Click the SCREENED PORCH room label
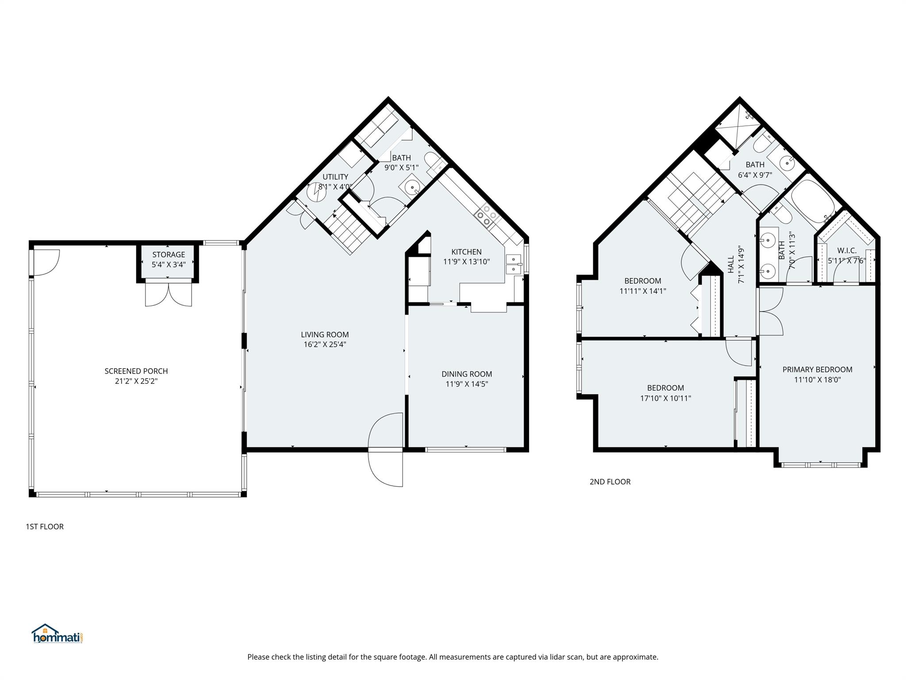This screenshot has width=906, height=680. [136, 371]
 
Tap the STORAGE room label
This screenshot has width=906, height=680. [169, 255]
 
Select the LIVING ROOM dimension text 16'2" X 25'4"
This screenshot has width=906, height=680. [325, 344]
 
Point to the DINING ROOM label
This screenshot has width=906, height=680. [467, 374]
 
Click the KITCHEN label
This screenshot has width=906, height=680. [466, 252]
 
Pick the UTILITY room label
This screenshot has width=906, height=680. [335, 177]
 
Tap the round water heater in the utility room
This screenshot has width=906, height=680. [317, 192]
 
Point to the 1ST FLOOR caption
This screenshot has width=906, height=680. [45, 526]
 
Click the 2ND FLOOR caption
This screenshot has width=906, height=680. [610, 482]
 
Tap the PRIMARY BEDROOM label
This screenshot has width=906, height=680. [817, 370]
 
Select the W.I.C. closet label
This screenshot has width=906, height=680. [847, 251]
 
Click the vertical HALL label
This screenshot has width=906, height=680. [731, 264]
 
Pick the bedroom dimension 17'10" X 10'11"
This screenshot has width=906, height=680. [665, 398]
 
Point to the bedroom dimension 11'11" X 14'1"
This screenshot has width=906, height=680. [643, 291]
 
